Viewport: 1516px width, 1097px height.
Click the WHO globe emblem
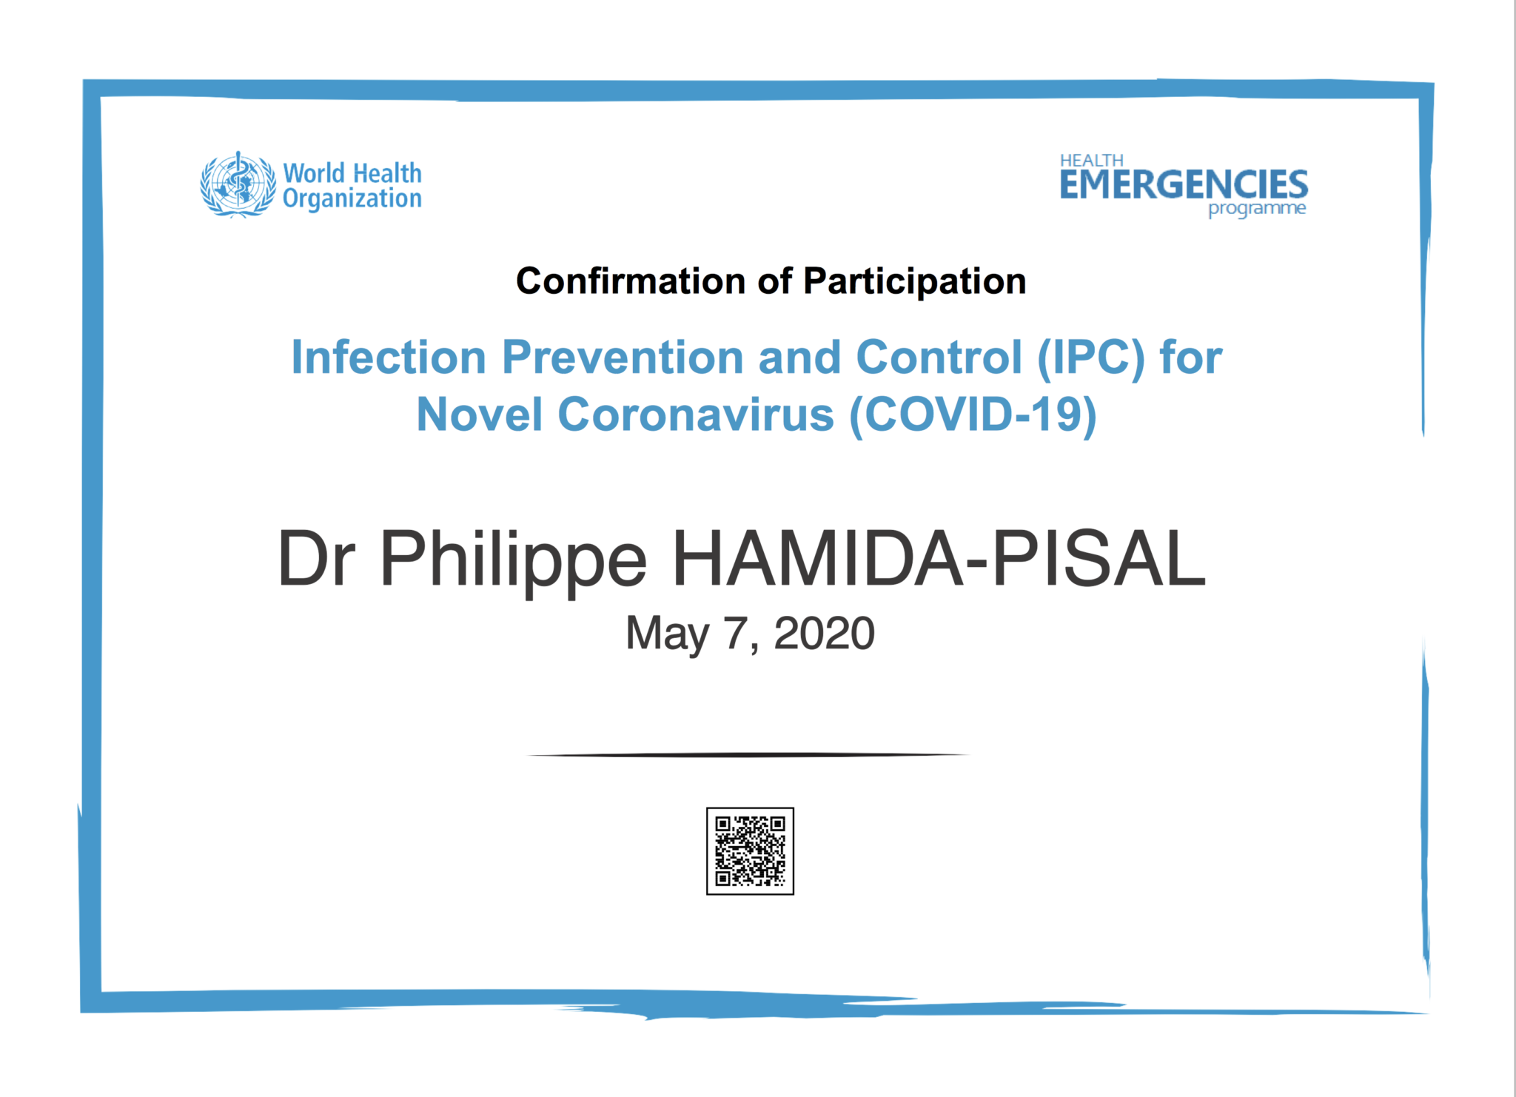coord(238,184)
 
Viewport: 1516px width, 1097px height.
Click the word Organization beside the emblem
coord(352,199)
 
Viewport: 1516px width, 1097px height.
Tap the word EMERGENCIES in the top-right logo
coord(1184,185)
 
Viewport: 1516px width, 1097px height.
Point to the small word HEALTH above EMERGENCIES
coord(1091,160)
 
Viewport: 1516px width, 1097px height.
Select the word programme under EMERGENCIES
coord(1257,209)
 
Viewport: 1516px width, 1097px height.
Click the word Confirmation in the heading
coord(631,281)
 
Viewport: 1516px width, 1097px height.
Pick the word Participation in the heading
coord(914,282)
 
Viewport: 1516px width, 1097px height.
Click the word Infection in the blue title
coord(389,358)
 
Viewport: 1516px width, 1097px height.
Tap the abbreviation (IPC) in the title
coord(1091,359)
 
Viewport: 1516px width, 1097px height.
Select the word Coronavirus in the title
coord(696,415)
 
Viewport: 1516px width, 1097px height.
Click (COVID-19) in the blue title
coord(973,415)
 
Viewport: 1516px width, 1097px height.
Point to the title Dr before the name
coord(316,559)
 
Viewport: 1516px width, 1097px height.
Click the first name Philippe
coord(513,563)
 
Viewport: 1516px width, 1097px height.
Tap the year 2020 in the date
coord(824,634)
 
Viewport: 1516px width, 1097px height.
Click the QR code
coord(750,851)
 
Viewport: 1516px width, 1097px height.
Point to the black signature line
coord(748,755)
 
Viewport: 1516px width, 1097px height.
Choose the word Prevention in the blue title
coord(623,358)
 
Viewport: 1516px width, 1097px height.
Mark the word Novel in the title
coord(480,415)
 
